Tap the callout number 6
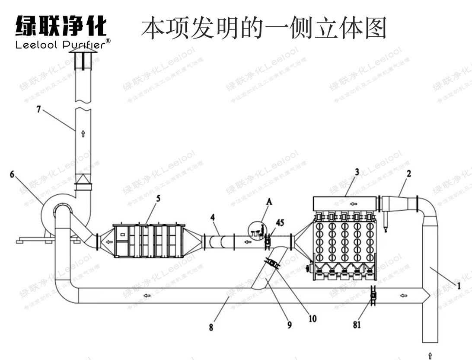coord(12,174)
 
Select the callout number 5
coord(158,198)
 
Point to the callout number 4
coord(213,216)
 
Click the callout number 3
coord(357,171)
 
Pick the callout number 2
coord(408,173)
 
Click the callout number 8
coord(211,327)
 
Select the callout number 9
coord(289,324)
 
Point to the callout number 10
coord(312,319)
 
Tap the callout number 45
coord(280,223)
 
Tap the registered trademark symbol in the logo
coord(108,41)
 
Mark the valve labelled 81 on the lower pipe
coord(373,296)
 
